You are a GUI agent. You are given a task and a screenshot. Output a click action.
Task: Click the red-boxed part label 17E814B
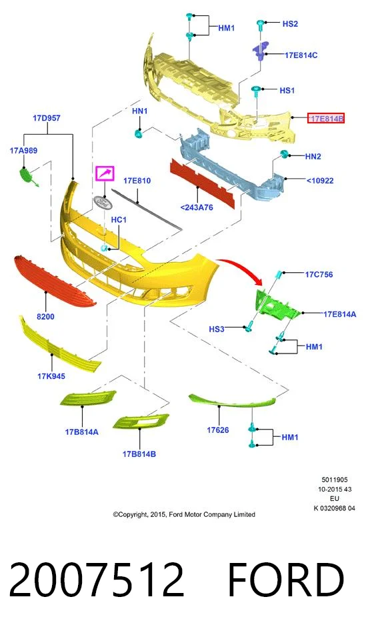(x=325, y=118)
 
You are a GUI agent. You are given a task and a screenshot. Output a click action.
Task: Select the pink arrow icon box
(x=105, y=173)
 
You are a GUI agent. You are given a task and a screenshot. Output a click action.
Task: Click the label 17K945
(x=51, y=376)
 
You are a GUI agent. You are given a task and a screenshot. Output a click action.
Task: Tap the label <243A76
(x=197, y=207)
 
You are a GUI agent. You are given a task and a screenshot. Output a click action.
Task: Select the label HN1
(x=139, y=111)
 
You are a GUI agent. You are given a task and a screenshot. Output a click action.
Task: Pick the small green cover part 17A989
(x=28, y=176)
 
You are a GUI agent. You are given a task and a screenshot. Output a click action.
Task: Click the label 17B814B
(x=139, y=454)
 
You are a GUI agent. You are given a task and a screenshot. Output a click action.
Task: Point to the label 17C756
(x=319, y=275)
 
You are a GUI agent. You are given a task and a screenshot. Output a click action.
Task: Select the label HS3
(x=216, y=329)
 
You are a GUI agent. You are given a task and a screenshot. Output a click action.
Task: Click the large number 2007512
(x=97, y=580)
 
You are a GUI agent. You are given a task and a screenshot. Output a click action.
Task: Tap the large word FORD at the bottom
(x=286, y=580)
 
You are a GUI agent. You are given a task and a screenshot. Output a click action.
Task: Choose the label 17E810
(x=137, y=181)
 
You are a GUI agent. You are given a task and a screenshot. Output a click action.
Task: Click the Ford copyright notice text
(x=184, y=515)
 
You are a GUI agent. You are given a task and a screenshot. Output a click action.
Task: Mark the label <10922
(x=320, y=181)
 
